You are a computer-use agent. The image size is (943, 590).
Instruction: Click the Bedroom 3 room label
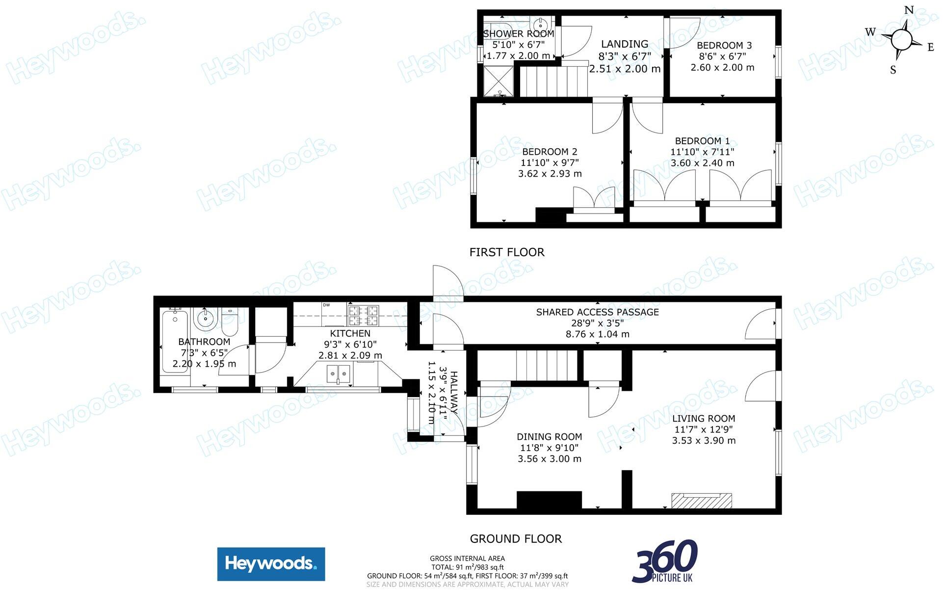724,46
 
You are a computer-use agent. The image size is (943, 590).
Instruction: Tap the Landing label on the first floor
625,44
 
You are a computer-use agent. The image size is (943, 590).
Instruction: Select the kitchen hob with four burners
363,316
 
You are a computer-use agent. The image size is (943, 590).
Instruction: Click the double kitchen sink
339,374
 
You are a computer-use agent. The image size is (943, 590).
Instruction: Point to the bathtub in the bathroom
175,341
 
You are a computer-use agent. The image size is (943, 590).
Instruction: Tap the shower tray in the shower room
499,81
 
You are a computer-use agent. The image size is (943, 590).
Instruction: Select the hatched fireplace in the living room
702,501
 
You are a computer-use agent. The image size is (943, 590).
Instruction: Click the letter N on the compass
909,10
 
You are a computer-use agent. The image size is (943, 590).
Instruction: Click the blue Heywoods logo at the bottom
271,563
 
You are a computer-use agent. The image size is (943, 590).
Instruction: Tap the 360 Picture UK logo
665,561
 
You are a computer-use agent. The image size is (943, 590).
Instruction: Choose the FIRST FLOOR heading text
507,252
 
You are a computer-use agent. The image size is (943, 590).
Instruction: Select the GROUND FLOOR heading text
516,539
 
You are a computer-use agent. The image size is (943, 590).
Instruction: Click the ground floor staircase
546,365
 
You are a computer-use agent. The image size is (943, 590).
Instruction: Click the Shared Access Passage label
597,312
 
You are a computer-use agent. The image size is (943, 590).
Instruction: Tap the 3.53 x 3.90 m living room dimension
704,441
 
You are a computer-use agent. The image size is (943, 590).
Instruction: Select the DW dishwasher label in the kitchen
326,305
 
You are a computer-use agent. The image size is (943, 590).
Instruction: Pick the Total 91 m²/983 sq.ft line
467,567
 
